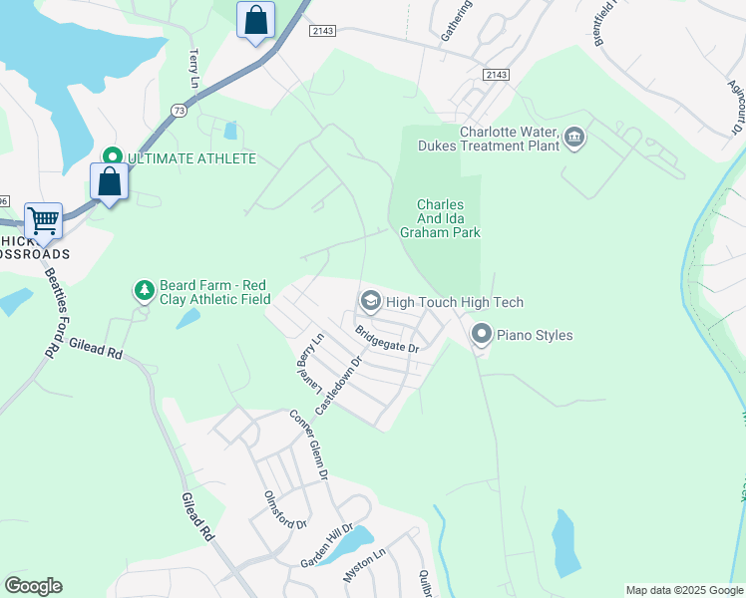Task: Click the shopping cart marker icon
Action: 43,219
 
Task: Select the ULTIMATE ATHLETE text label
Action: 191,158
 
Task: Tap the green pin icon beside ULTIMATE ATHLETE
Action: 113,157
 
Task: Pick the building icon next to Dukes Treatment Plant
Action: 573,137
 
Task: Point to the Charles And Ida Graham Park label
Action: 440,218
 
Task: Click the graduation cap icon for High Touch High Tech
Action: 370,301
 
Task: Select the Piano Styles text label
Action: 536,335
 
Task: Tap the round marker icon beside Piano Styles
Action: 481,335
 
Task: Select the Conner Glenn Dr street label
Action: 309,446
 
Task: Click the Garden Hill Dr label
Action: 327,546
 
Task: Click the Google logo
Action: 33,585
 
